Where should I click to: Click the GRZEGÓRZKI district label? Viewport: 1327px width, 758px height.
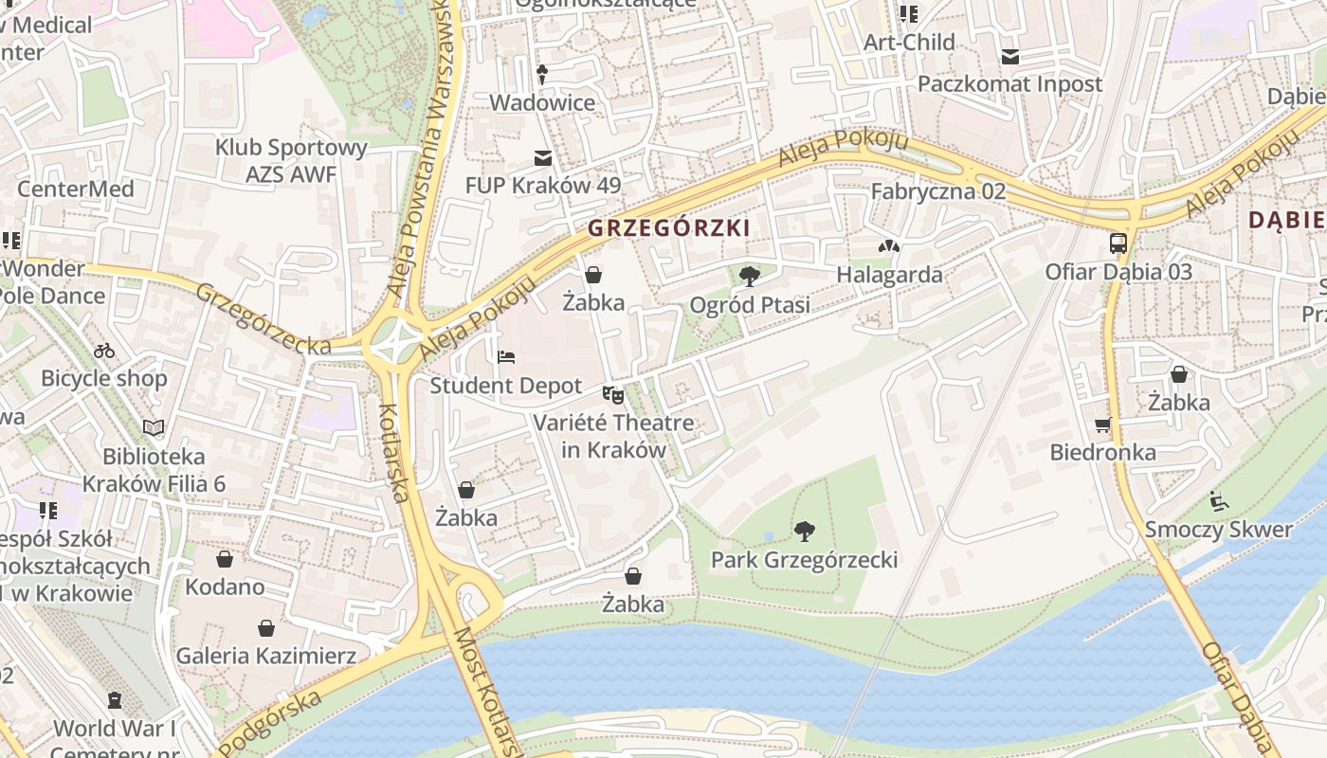[669, 228]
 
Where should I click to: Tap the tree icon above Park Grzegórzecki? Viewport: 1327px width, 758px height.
[804, 531]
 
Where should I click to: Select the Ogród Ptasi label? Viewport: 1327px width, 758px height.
[750, 305]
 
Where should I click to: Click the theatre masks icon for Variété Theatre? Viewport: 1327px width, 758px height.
[613, 394]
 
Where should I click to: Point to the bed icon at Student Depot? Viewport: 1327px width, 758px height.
[506, 358]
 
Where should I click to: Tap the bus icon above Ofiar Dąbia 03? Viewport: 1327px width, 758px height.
[1118, 244]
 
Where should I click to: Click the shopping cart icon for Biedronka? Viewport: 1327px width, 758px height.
[1102, 424]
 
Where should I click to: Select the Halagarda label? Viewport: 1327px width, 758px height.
[889, 275]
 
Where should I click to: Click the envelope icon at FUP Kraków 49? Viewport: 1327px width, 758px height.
[543, 157]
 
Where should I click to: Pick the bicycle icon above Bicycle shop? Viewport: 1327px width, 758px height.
[104, 351]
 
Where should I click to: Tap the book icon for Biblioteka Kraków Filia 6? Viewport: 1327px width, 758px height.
[154, 428]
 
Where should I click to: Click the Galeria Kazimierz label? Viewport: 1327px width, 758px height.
[266, 656]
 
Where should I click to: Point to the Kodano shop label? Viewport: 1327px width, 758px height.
[225, 587]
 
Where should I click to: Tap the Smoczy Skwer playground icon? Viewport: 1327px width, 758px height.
[1218, 500]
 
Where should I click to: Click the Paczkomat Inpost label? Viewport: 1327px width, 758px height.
[1009, 83]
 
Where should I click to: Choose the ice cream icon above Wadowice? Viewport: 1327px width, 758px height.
[542, 74]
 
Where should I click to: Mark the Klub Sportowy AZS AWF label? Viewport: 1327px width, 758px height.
[291, 161]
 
